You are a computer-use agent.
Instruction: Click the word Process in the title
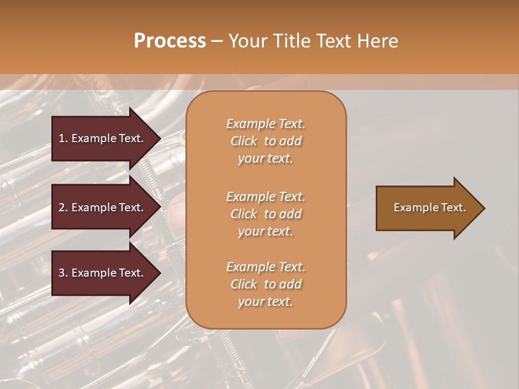(170, 41)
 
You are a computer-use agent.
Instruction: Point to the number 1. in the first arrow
(63, 138)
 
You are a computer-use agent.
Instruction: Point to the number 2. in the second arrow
(63, 207)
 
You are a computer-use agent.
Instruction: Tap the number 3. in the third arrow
(63, 273)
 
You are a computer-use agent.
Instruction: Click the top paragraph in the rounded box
(265, 141)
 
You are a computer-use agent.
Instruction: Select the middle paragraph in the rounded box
(265, 214)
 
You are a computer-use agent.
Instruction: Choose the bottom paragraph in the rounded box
(265, 284)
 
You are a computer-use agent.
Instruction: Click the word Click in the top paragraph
(244, 141)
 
